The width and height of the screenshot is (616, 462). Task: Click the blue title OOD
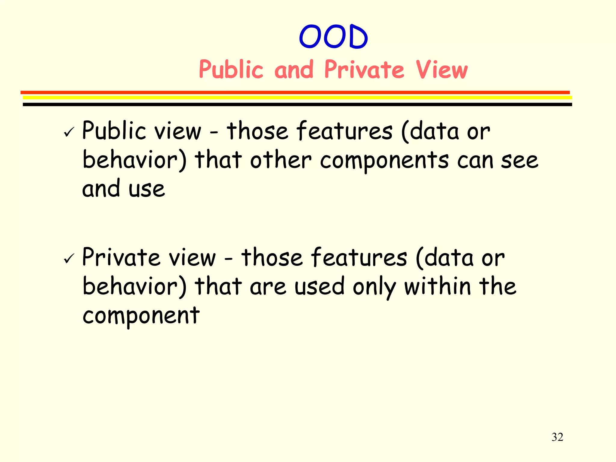pos(333,37)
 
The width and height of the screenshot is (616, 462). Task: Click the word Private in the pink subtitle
pos(364,69)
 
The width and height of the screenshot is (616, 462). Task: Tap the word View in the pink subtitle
pos(442,69)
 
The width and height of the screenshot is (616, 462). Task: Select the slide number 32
pos(557,437)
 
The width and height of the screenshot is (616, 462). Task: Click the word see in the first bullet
pos(519,160)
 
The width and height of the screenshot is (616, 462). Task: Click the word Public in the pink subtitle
pos(231,69)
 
